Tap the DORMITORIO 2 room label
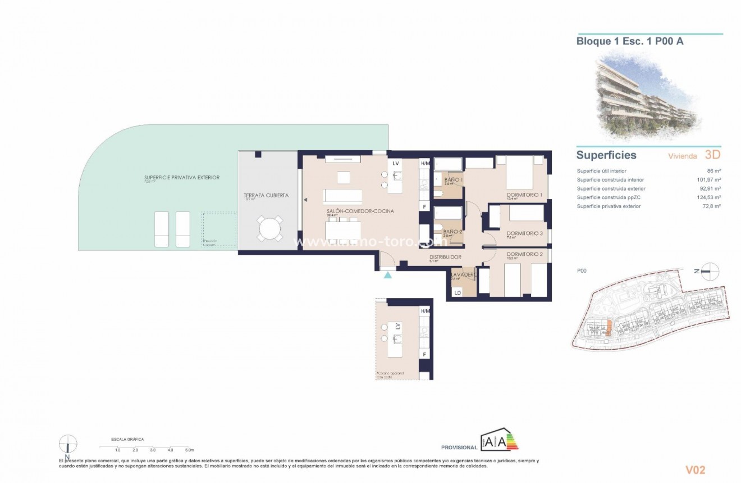[524, 254]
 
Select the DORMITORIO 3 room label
[524, 233]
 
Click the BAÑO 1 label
[452, 179]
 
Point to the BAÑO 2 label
[452, 232]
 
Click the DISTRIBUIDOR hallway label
[445, 257]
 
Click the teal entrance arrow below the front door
[387, 274]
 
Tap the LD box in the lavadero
[458, 292]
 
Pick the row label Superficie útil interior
[601, 171]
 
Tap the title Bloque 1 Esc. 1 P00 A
[630, 41]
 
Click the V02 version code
[695, 470]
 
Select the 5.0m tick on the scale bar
[189, 450]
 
